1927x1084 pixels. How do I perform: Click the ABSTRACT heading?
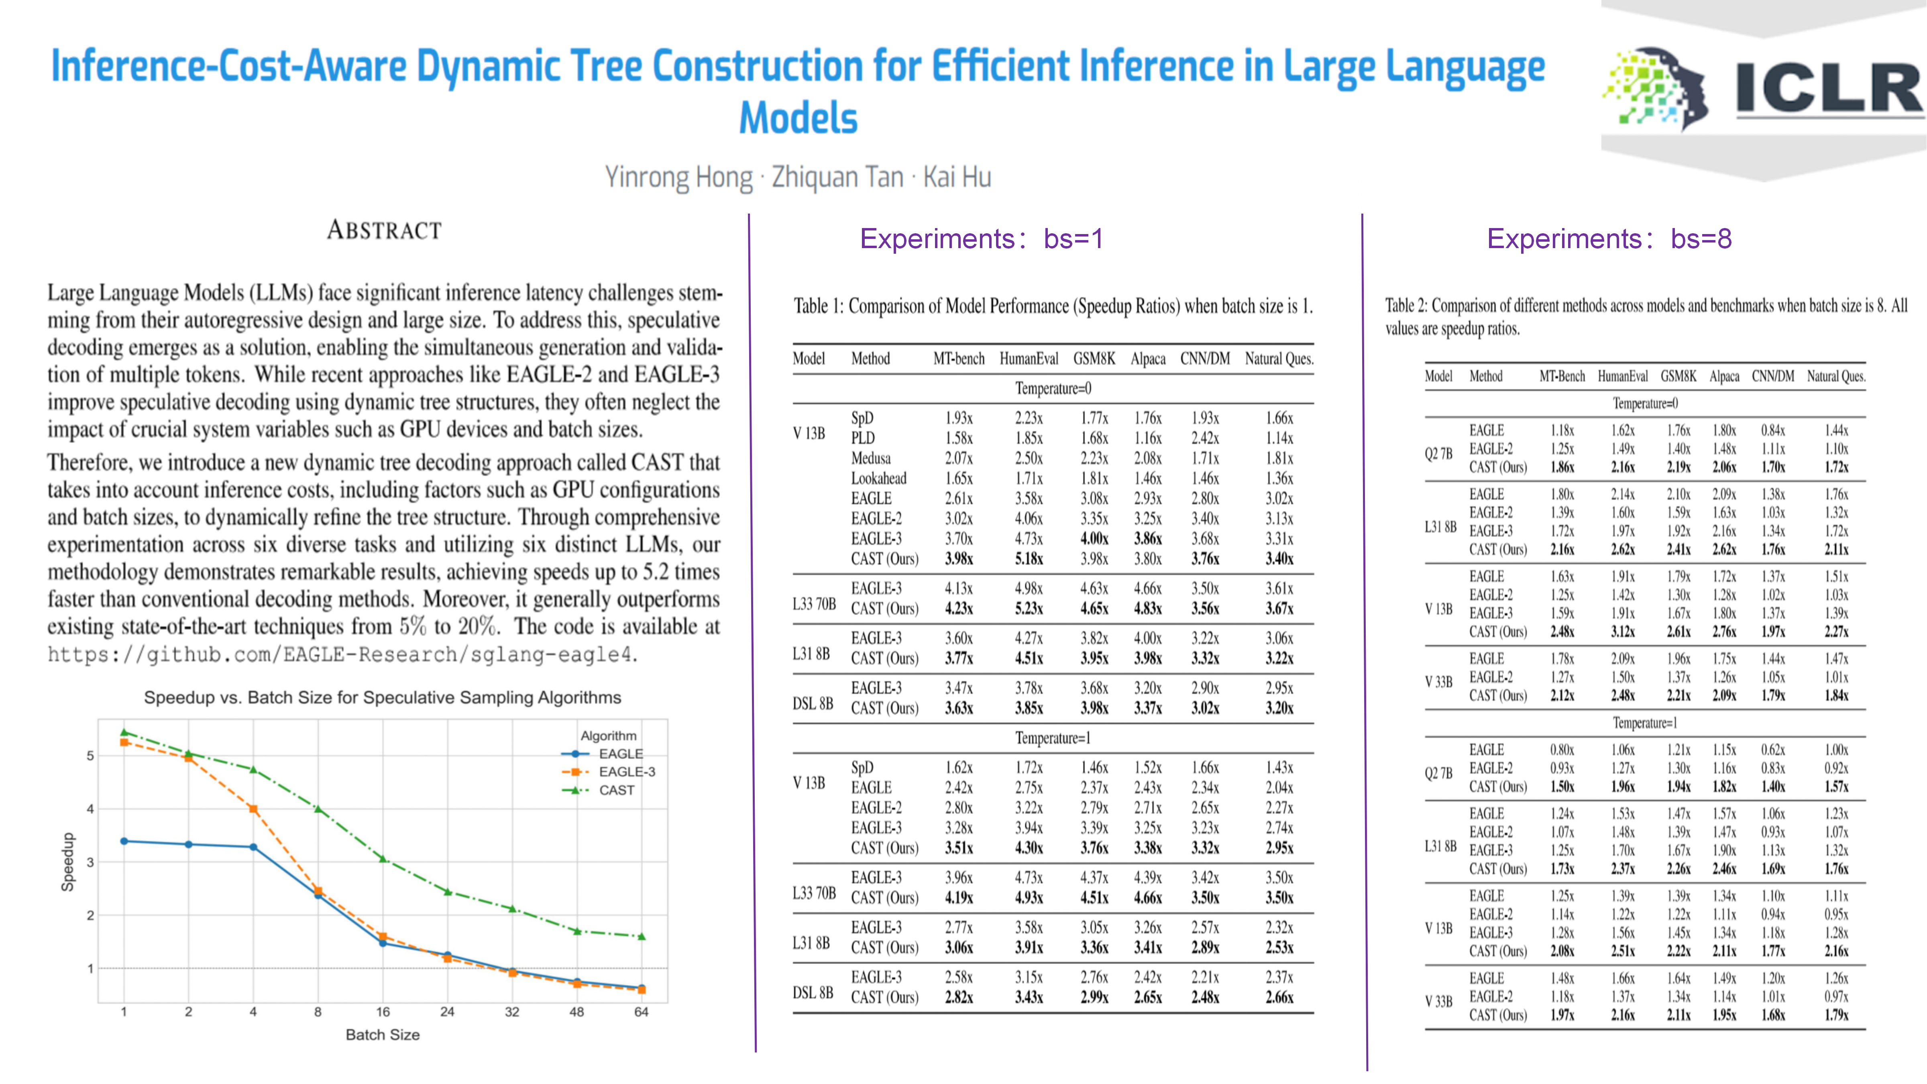(385, 230)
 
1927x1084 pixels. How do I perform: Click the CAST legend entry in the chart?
(616, 790)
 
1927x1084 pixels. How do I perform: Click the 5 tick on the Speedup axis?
(90, 756)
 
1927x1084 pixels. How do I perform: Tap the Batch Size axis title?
(382, 1035)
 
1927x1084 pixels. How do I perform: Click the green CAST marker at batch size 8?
(318, 809)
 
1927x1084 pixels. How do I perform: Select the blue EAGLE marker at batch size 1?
(124, 841)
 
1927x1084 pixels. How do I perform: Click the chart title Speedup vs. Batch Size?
(382, 697)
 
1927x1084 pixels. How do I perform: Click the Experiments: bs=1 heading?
(981, 238)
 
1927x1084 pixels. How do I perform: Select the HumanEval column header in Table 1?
(1029, 359)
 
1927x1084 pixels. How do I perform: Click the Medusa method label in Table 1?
(871, 458)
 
